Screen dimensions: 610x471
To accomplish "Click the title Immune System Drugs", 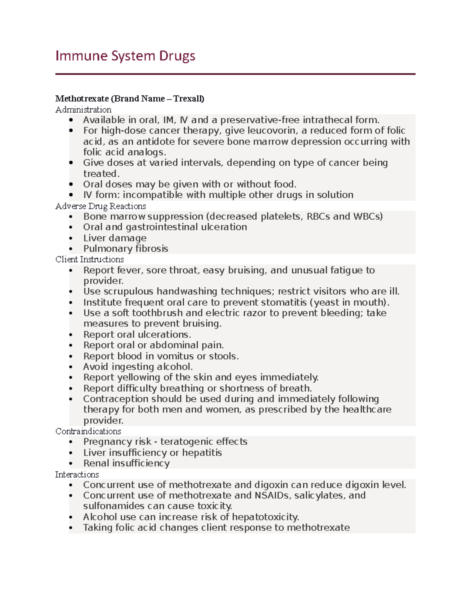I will pos(125,56).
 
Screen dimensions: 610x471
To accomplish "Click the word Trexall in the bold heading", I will pos(188,99).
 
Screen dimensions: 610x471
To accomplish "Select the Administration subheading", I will pos(83,110).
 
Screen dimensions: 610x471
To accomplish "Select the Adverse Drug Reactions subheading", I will pos(100,206).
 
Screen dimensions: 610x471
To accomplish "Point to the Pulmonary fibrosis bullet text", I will pos(126,249).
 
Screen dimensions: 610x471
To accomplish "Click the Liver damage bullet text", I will pos(115,238).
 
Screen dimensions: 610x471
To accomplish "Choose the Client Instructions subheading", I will pos(89,260).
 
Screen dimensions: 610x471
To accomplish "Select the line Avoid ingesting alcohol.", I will pos(138,367).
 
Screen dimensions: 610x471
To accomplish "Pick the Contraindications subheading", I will pos(88,431).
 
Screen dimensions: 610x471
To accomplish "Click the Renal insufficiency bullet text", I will pos(126,463).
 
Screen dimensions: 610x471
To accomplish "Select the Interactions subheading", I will pos(77,474).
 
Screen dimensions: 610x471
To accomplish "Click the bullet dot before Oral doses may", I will pos(71,185).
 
